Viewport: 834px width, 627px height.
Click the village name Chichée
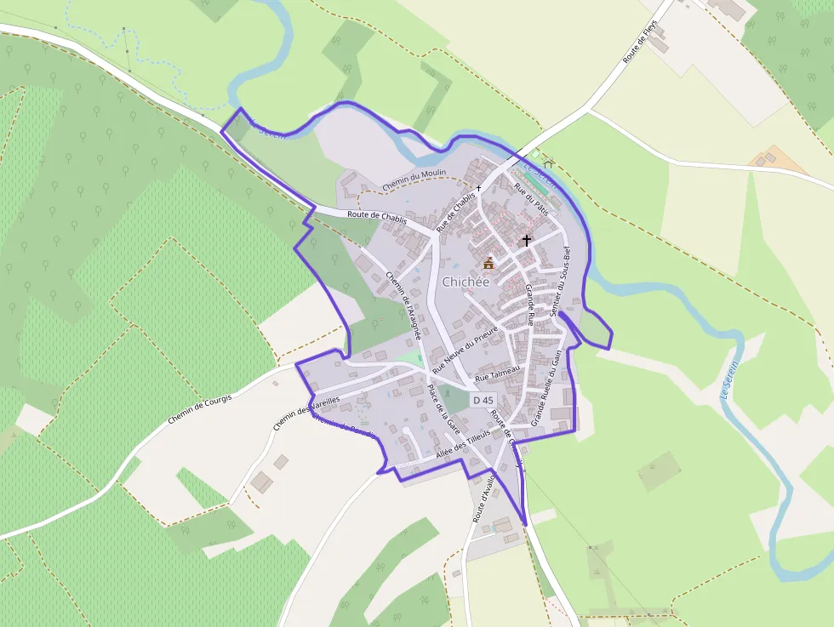point(466,282)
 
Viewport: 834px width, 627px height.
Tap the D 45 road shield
point(482,400)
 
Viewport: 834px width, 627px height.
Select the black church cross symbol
point(526,241)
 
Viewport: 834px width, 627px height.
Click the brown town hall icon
point(488,263)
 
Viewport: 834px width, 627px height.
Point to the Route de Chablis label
point(376,216)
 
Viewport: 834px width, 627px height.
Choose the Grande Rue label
point(529,305)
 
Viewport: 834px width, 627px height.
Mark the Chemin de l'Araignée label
point(403,305)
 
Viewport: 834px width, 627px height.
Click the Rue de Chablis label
point(456,212)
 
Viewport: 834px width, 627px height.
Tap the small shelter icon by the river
point(548,162)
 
